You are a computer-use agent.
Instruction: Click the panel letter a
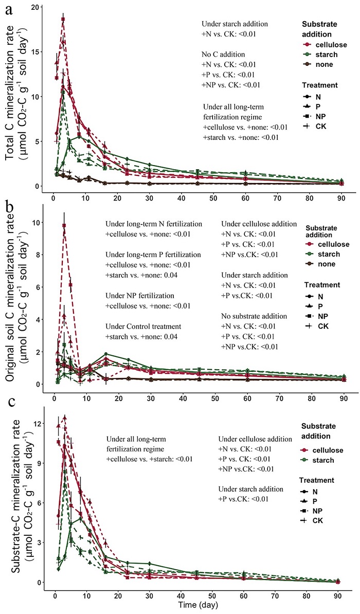tap(9, 11)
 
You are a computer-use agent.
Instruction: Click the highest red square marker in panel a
tap(63, 20)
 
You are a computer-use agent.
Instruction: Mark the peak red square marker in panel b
tap(64, 225)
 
